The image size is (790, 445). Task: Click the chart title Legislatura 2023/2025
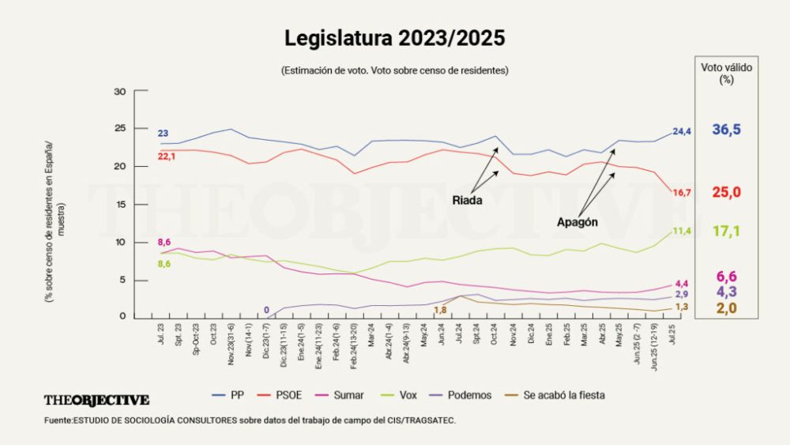(394, 38)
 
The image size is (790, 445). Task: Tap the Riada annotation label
(467, 200)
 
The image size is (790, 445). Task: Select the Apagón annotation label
(576, 222)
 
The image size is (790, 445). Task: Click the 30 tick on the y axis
(120, 92)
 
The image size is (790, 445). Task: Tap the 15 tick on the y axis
(120, 205)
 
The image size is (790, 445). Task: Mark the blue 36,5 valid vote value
(726, 130)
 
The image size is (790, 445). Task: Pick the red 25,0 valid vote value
(726, 192)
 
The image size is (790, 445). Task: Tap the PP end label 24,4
(682, 131)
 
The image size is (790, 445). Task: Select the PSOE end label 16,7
(682, 193)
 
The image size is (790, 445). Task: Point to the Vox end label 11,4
(682, 231)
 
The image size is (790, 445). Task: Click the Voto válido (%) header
(726, 74)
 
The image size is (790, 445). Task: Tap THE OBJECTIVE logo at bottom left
(96, 400)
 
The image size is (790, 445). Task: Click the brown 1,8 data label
(440, 309)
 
